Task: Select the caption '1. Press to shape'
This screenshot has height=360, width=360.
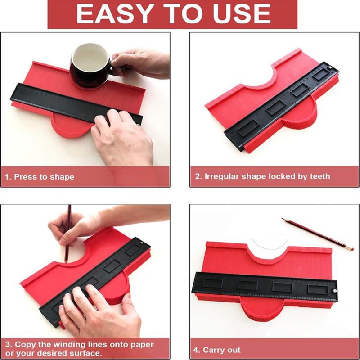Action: (40, 177)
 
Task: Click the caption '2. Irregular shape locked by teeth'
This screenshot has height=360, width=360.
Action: (262, 176)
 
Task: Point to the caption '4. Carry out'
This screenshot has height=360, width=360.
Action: (217, 350)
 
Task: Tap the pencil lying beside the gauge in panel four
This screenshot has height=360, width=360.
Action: (315, 233)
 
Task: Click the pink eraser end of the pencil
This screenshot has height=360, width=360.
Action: (351, 248)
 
